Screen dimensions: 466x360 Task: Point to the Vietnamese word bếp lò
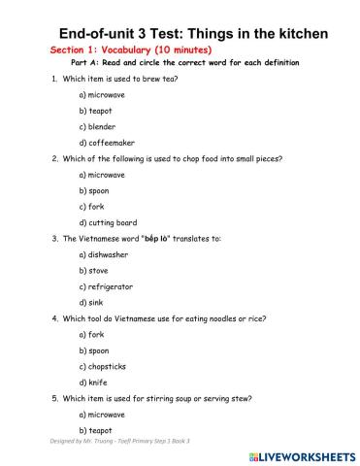158,238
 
